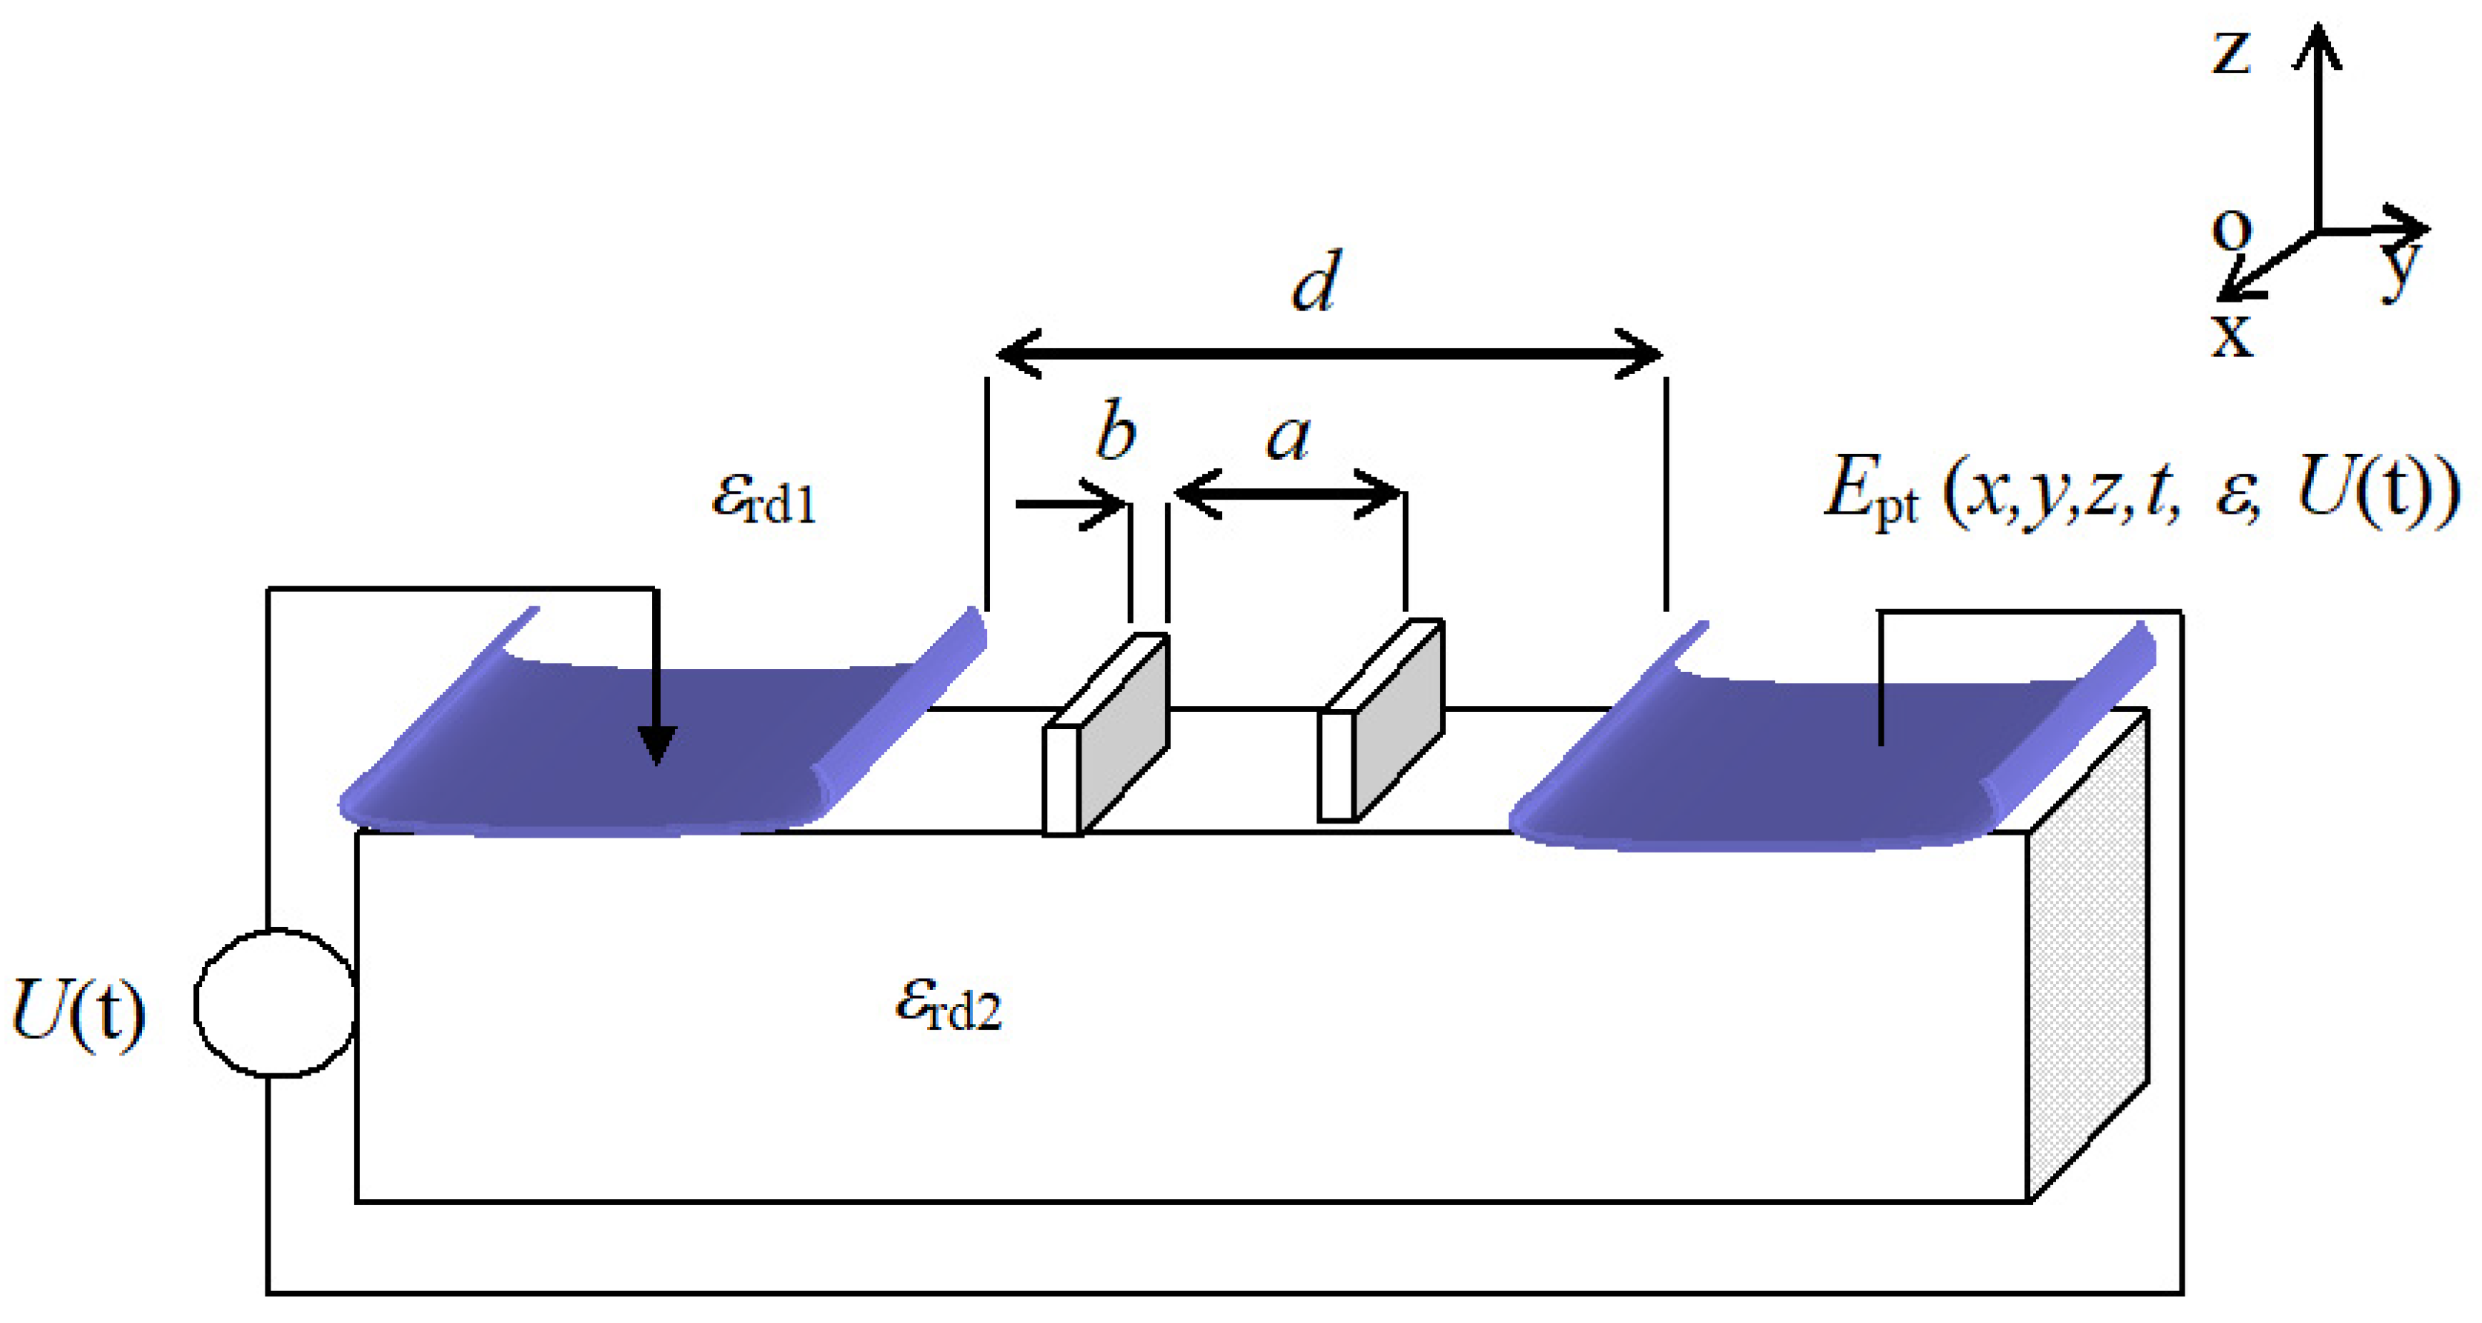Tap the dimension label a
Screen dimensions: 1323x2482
[x=1289, y=438]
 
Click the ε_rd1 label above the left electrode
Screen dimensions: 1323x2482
[x=763, y=499]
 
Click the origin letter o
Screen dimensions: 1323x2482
[x=2231, y=230]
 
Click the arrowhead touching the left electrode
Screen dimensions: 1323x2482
[x=657, y=747]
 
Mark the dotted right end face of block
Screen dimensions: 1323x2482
[x=2087, y=963]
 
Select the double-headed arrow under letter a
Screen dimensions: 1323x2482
[x=1287, y=494]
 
